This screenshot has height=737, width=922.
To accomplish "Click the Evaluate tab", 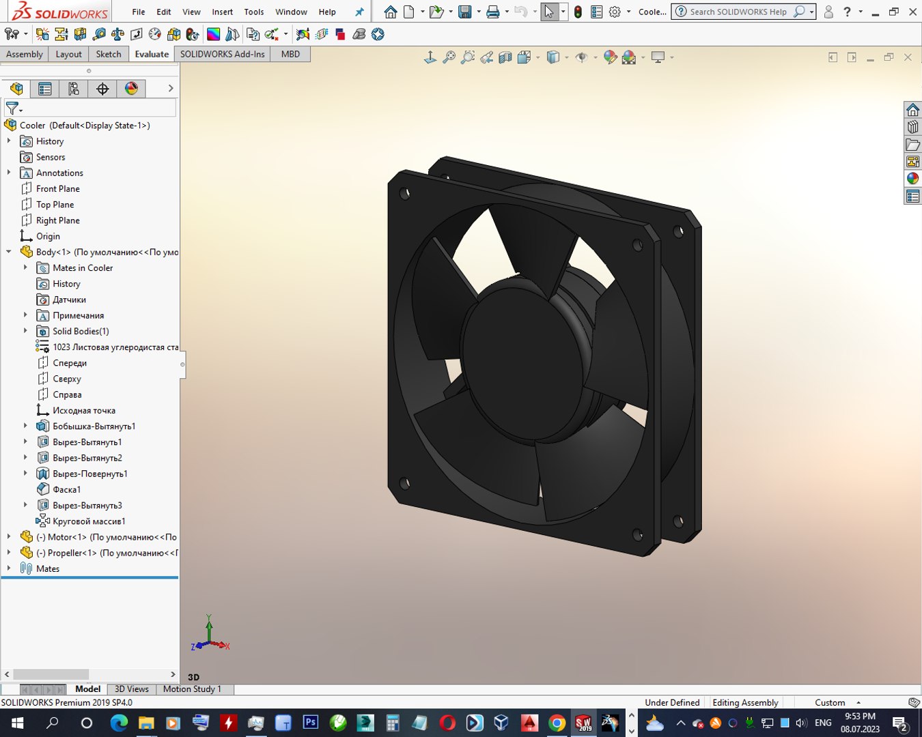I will (x=152, y=54).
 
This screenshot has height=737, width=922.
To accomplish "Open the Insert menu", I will (x=222, y=12).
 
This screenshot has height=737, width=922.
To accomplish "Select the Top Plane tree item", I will (x=55, y=205).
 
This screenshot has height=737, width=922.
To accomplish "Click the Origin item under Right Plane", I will (x=48, y=236).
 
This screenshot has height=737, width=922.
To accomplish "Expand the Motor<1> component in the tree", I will (x=9, y=537).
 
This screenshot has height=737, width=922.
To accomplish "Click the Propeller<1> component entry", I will (x=102, y=553).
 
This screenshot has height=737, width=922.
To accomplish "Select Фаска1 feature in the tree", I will (x=66, y=489).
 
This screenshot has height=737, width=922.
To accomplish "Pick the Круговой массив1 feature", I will (x=89, y=521).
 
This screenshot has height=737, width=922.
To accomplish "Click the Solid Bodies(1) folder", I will (x=81, y=331).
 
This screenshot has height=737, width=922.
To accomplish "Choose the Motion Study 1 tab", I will (x=192, y=689).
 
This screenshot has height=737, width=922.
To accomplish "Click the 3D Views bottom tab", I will (x=131, y=689).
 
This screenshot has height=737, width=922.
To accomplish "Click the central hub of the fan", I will (x=522, y=355).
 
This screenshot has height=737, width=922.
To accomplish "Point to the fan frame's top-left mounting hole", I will (x=405, y=193).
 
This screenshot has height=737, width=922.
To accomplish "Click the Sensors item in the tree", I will (x=51, y=157).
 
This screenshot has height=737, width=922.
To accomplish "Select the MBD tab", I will (x=290, y=54).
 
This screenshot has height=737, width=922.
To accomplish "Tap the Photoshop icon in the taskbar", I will (x=310, y=722).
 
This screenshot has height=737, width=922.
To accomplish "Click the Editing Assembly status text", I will (x=745, y=702).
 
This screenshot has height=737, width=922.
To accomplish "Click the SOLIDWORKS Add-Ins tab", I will (x=222, y=54).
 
